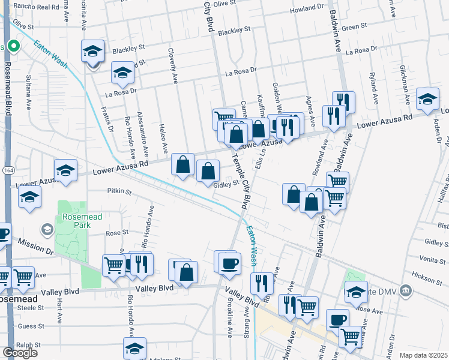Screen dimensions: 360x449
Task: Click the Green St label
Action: [354, 28]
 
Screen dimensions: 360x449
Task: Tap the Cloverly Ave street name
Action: [173, 66]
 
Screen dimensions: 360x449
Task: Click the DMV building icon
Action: [406, 291]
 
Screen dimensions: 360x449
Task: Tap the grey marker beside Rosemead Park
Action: [47, 229]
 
